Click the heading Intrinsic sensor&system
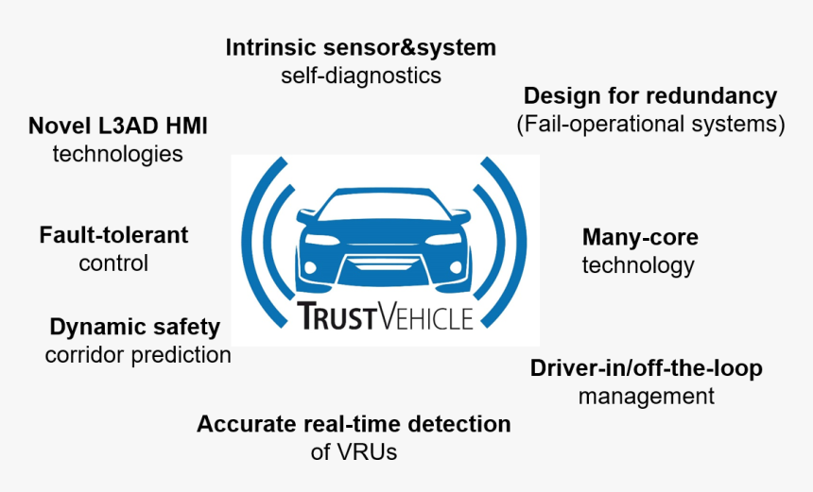coord(361,47)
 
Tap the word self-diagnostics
coord(361,76)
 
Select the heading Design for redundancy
coord(650,96)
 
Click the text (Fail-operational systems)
coord(650,125)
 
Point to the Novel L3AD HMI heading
coord(118,126)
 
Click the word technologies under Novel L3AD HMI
coord(118,154)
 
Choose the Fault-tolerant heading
coord(113,235)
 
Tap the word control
coord(113,263)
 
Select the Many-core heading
coord(640,238)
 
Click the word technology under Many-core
coord(638,265)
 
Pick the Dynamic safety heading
coord(135,328)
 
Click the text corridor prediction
coord(138,355)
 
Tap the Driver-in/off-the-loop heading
coord(646,368)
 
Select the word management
coord(646,397)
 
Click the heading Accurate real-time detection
coord(354,424)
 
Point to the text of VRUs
coord(354,452)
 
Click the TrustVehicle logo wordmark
coord(385,315)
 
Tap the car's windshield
coord(384,207)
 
